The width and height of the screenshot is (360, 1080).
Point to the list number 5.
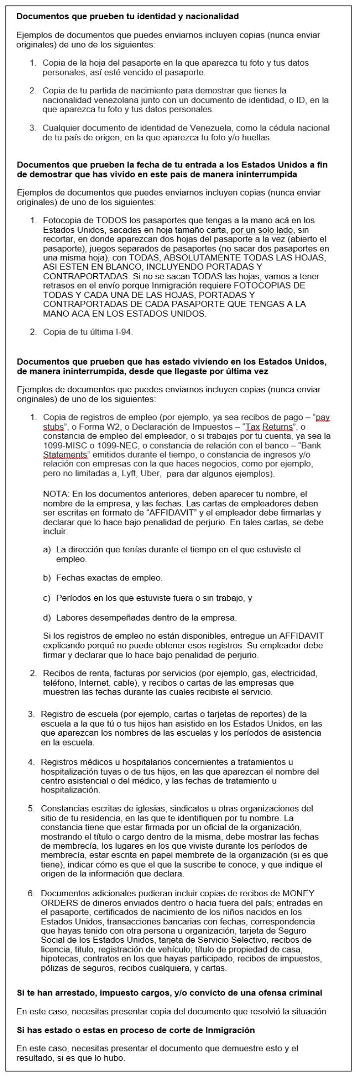coord(31,809)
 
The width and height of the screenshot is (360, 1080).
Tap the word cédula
coord(274,128)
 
